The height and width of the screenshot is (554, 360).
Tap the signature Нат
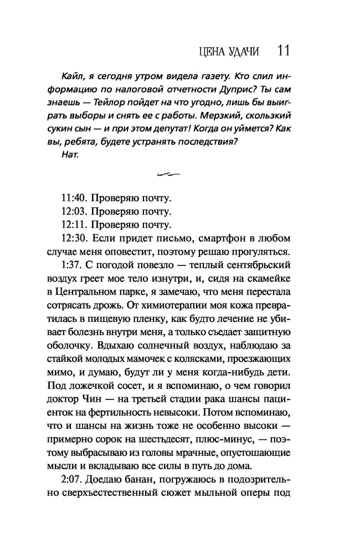[x=73, y=154]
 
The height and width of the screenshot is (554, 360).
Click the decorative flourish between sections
[x=169, y=175]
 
